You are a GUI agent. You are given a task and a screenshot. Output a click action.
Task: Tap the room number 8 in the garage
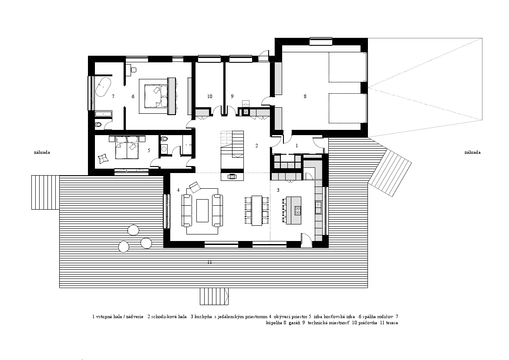coord(305,96)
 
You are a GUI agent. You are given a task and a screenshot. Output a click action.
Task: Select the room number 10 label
coord(210,96)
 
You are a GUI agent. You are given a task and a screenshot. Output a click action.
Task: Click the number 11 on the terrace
coord(210,262)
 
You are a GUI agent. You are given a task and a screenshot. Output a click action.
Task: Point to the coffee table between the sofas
coord(202,211)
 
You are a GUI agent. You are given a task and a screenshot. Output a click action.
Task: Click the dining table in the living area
coord(257,211)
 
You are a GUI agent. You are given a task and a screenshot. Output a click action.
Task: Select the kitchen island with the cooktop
coord(293,211)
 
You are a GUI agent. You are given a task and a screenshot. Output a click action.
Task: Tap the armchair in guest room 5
coord(103,158)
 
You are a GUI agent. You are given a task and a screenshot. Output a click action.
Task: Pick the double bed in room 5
coord(127,147)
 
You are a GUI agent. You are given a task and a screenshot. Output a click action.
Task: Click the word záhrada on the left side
coord(42,152)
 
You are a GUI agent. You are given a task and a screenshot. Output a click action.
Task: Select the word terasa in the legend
coord(392,323)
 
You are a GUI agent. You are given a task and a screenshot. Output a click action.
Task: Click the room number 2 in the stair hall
coord(256,146)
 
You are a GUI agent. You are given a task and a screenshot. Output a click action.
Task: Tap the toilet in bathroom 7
coord(99,125)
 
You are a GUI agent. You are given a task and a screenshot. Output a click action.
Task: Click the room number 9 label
coord(232,96)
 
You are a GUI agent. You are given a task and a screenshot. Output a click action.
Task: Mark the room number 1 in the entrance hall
coord(297,146)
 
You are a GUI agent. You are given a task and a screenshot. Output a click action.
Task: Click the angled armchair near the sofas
coord(195,187)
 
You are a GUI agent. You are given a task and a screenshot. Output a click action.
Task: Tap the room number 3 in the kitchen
coord(278,190)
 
